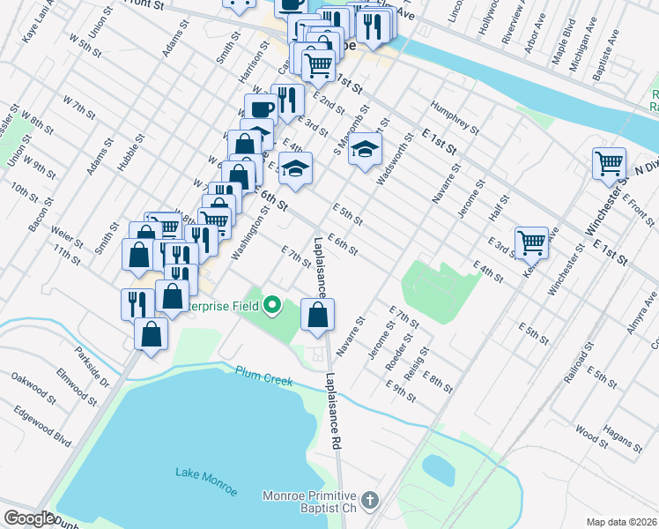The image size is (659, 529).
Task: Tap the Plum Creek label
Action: (263, 375)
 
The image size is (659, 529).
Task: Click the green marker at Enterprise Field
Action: (272, 306)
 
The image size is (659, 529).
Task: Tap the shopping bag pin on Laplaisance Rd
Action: (317, 315)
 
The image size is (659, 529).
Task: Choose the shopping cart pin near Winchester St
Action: (609, 163)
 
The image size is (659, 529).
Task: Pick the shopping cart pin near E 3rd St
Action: (531, 241)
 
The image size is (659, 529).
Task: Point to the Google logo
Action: (28, 518)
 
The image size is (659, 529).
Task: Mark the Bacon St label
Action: (41, 215)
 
